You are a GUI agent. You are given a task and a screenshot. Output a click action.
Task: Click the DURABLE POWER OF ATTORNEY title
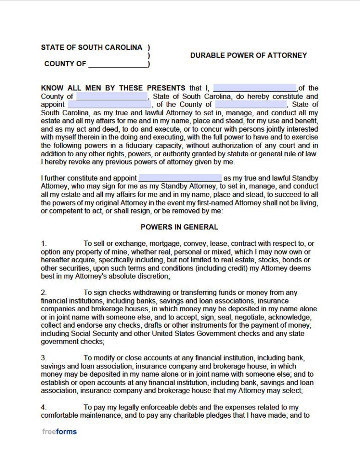pyautogui.click(x=248, y=55)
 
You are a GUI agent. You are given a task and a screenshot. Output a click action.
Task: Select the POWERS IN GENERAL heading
pyautogui.click(x=179, y=227)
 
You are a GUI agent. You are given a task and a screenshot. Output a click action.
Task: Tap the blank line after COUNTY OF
pyautogui.click(x=118, y=64)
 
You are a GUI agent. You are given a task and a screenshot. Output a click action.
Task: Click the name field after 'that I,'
pyautogui.click(x=255, y=88)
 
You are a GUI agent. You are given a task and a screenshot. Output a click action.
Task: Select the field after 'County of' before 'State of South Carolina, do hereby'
pyautogui.click(x=112, y=96)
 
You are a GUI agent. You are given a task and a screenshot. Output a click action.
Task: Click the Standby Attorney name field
pyautogui.click(x=180, y=178)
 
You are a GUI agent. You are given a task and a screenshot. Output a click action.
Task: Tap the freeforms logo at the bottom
pyautogui.click(x=59, y=431)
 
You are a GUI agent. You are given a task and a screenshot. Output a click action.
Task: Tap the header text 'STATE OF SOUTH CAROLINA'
pyautogui.click(x=91, y=47)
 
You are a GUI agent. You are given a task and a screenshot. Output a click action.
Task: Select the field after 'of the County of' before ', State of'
pyautogui.click(x=251, y=105)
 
